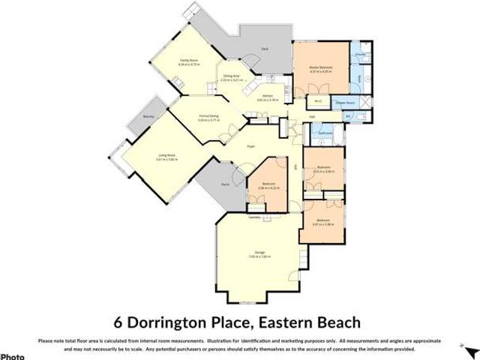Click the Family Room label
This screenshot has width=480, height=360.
click(x=187, y=60)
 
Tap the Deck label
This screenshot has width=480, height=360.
click(x=265, y=49)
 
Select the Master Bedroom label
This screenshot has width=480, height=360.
click(x=321, y=67)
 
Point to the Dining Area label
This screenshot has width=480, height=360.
click(x=231, y=76)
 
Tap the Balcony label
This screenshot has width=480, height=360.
click(x=140, y=117)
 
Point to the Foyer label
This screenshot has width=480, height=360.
click(x=252, y=147)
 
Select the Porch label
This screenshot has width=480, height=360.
click(x=224, y=184)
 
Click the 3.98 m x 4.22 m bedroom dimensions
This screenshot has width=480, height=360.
click(x=268, y=188)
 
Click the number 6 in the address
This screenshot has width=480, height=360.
click(x=118, y=322)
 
